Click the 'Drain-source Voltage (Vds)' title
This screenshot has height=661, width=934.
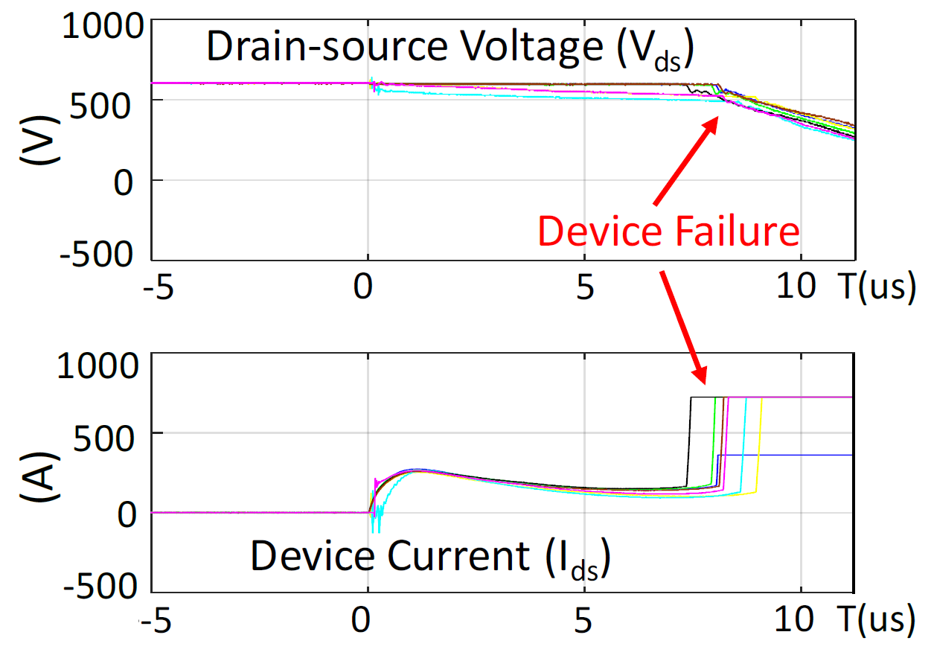[450, 48]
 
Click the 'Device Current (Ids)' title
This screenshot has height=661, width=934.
[430, 556]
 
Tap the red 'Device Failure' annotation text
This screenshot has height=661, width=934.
[668, 231]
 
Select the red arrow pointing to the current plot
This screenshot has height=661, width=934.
[682, 325]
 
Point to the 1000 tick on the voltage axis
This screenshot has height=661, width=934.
[100, 28]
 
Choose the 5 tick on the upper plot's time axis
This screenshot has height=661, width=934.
[586, 288]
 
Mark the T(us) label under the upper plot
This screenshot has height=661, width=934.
[874, 288]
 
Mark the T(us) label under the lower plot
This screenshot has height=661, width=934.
[874, 619]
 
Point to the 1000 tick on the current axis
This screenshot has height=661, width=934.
[100, 365]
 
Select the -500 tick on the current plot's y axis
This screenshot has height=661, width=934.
[100, 584]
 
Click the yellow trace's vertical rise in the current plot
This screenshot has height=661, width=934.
[760, 447]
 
